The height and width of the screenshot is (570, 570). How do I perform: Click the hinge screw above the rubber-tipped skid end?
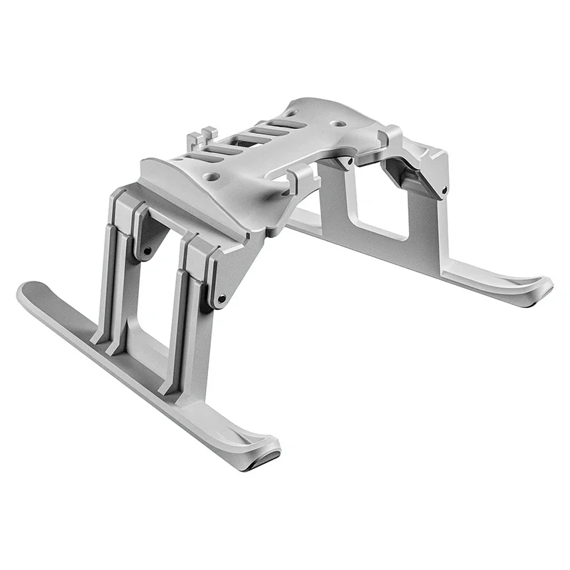click(222, 298)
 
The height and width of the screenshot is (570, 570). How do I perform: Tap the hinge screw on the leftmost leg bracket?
click(146, 251)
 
